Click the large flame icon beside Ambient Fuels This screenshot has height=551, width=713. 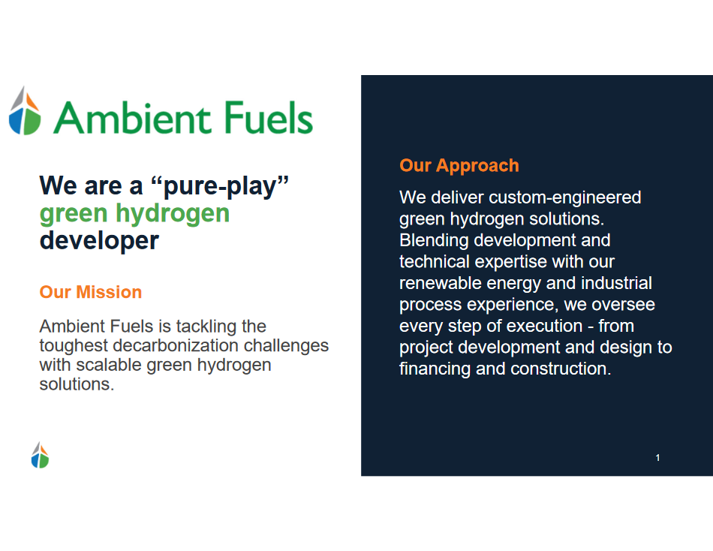point(25,110)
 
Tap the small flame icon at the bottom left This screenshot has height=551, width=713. point(40,455)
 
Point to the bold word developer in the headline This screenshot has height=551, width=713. point(99,241)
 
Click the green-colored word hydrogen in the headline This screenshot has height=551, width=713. point(173,214)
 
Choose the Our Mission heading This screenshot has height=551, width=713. point(91,292)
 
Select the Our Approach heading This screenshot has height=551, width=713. point(459,166)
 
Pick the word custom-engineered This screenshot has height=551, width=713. point(564,198)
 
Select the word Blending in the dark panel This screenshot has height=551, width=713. point(434,241)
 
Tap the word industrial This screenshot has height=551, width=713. point(617,283)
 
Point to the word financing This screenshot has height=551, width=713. point(435,369)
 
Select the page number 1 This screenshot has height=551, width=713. point(657,458)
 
